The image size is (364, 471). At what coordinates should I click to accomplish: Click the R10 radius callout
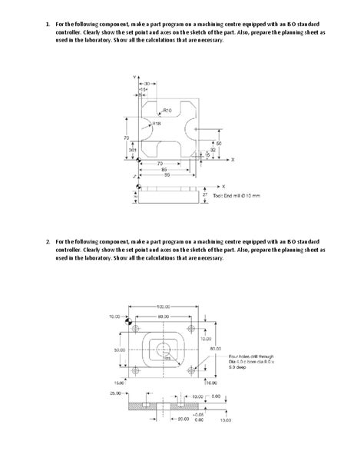(168, 111)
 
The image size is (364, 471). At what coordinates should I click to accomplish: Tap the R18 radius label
(157, 123)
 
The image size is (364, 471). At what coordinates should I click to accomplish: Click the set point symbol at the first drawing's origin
(137, 160)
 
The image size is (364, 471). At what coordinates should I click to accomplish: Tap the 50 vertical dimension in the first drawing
(220, 144)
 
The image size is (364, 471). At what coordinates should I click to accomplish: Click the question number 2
(47, 241)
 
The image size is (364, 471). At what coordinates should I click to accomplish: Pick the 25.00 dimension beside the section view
(115, 393)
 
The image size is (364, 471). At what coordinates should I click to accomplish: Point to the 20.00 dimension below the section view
(183, 420)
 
